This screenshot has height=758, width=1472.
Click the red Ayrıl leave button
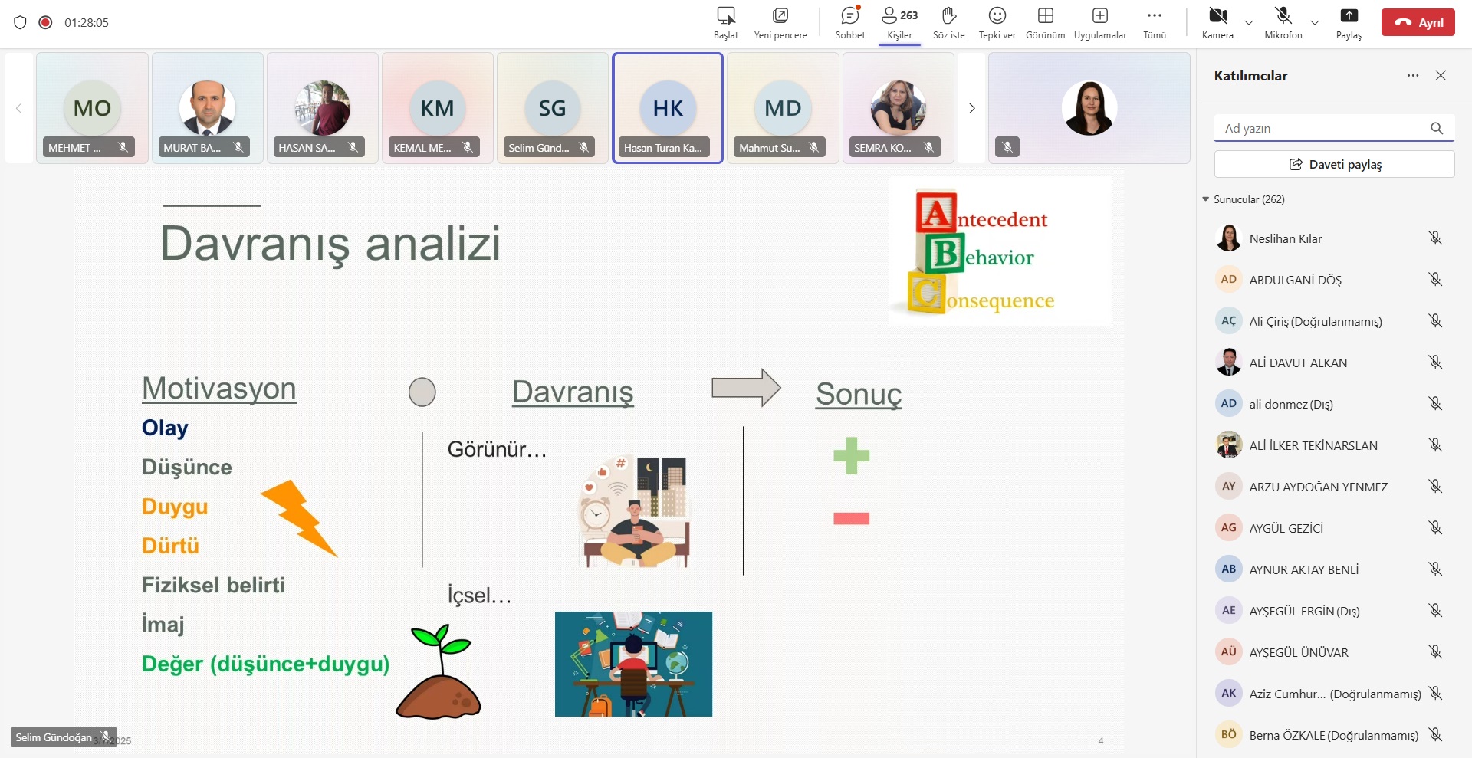[x=1418, y=22]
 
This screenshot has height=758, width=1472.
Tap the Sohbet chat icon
[x=850, y=15]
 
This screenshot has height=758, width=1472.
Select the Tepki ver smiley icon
[x=997, y=15]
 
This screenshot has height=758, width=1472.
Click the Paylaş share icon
[x=1349, y=15]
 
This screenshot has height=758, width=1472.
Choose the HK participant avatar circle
[x=668, y=108]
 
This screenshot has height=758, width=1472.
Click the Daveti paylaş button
[x=1334, y=164]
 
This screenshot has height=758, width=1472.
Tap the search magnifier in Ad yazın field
[x=1437, y=128]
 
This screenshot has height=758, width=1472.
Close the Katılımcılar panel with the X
[x=1441, y=75]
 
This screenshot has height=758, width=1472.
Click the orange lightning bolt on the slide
[x=299, y=517]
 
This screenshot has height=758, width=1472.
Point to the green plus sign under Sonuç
[x=851, y=456]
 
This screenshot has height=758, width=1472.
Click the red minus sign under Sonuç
[x=851, y=519]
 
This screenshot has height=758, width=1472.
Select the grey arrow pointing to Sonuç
[x=746, y=388]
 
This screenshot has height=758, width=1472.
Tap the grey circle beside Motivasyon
[x=422, y=392]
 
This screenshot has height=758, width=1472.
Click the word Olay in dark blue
[x=165, y=428]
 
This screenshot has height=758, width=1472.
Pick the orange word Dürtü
[x=170, y=546]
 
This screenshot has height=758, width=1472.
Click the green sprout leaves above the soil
[x=441, y=639]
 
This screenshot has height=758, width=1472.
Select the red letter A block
[x=936, y=213]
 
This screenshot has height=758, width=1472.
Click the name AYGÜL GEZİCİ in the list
[x=1286, y=528]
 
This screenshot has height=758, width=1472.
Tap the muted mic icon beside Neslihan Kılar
[x=1435, y=238]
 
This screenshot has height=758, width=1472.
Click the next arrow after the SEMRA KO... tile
[x=971, y=108]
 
